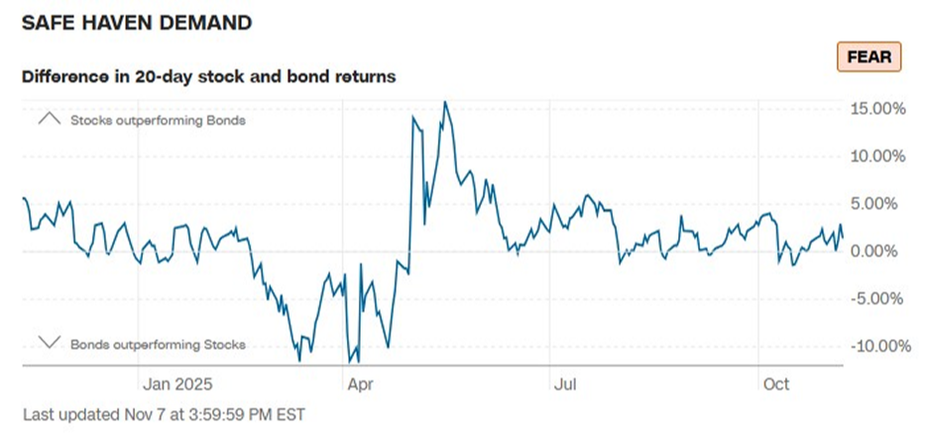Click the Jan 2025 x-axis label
point(177,383)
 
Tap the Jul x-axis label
point(566,383)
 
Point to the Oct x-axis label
point(776,383)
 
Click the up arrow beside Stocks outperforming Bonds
point(49,120)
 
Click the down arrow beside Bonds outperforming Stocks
point(49,343)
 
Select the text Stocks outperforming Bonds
point(157,121)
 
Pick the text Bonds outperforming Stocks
point(157,345)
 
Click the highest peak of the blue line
point(445,102)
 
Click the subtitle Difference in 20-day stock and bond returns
point(208,76)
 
